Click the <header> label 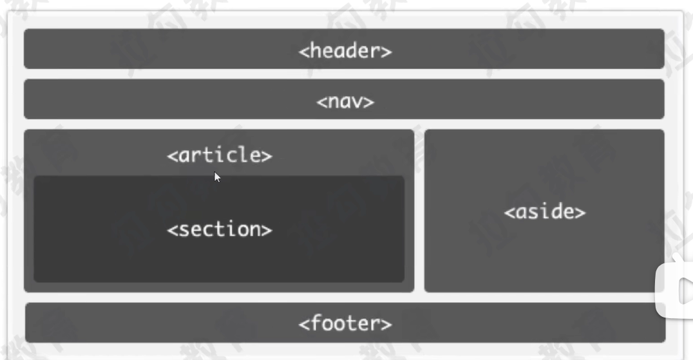click(x=345, y=50)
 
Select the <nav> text click(x=345, y=101)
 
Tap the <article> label click(x=219, y=155)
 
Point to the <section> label click(x=219, y=229)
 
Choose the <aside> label click(x=544, y=212)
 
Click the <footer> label click(x=345, y=323)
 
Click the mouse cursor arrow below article click(x=217, y=176)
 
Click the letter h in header click(x=315, y=50)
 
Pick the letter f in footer click(x=316, y=322)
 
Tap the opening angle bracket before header click(x=303, y=52)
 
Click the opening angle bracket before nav click(x=321, y=102)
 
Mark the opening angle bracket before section click(x=172, y=230)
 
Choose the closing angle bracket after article click(x=267, y=156)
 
